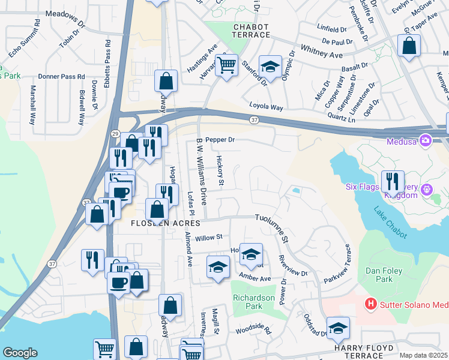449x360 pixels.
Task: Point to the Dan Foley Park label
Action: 384,275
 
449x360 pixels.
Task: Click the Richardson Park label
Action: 255,302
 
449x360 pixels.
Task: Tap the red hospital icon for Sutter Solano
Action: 371,304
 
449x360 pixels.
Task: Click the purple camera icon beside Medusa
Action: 426,140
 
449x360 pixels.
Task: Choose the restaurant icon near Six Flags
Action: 393,180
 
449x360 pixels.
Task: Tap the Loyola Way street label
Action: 266,107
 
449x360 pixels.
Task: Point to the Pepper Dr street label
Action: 219,140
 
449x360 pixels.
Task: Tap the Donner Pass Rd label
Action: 61,77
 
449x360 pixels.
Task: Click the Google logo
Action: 20,353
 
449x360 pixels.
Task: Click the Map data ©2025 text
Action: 423,355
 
